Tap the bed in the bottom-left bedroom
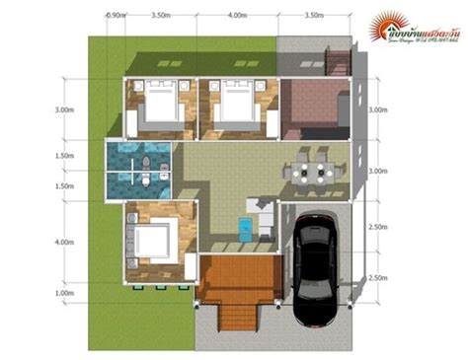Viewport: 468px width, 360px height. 152,240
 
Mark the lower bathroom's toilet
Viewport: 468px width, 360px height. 143,181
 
